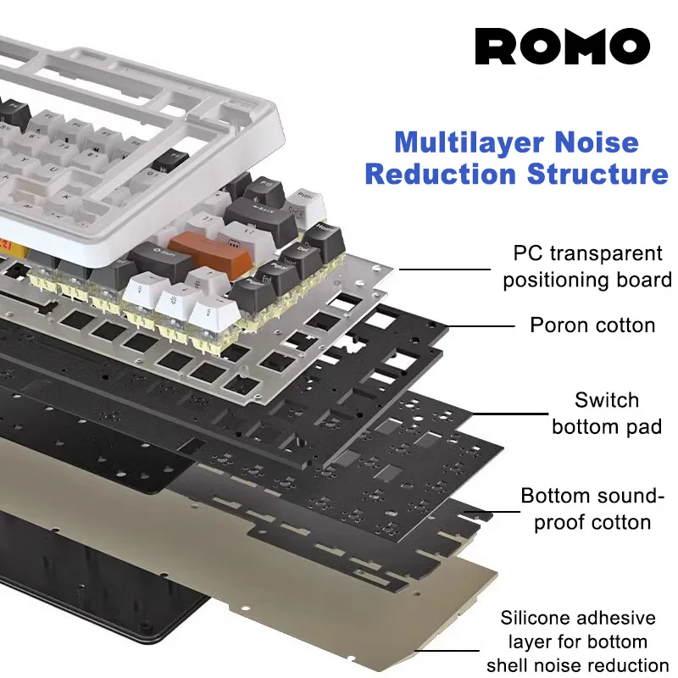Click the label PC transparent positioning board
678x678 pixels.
pyautogui.click(x=587, y=266)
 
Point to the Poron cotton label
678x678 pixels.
pyautogui.click(x=592, y=325)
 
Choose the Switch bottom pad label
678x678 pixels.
pyautogui.click(x=606, y=413)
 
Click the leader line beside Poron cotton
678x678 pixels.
pyautogui.click(x=480, y=325)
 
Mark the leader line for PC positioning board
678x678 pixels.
pyautogui.click(x=446, y=270)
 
